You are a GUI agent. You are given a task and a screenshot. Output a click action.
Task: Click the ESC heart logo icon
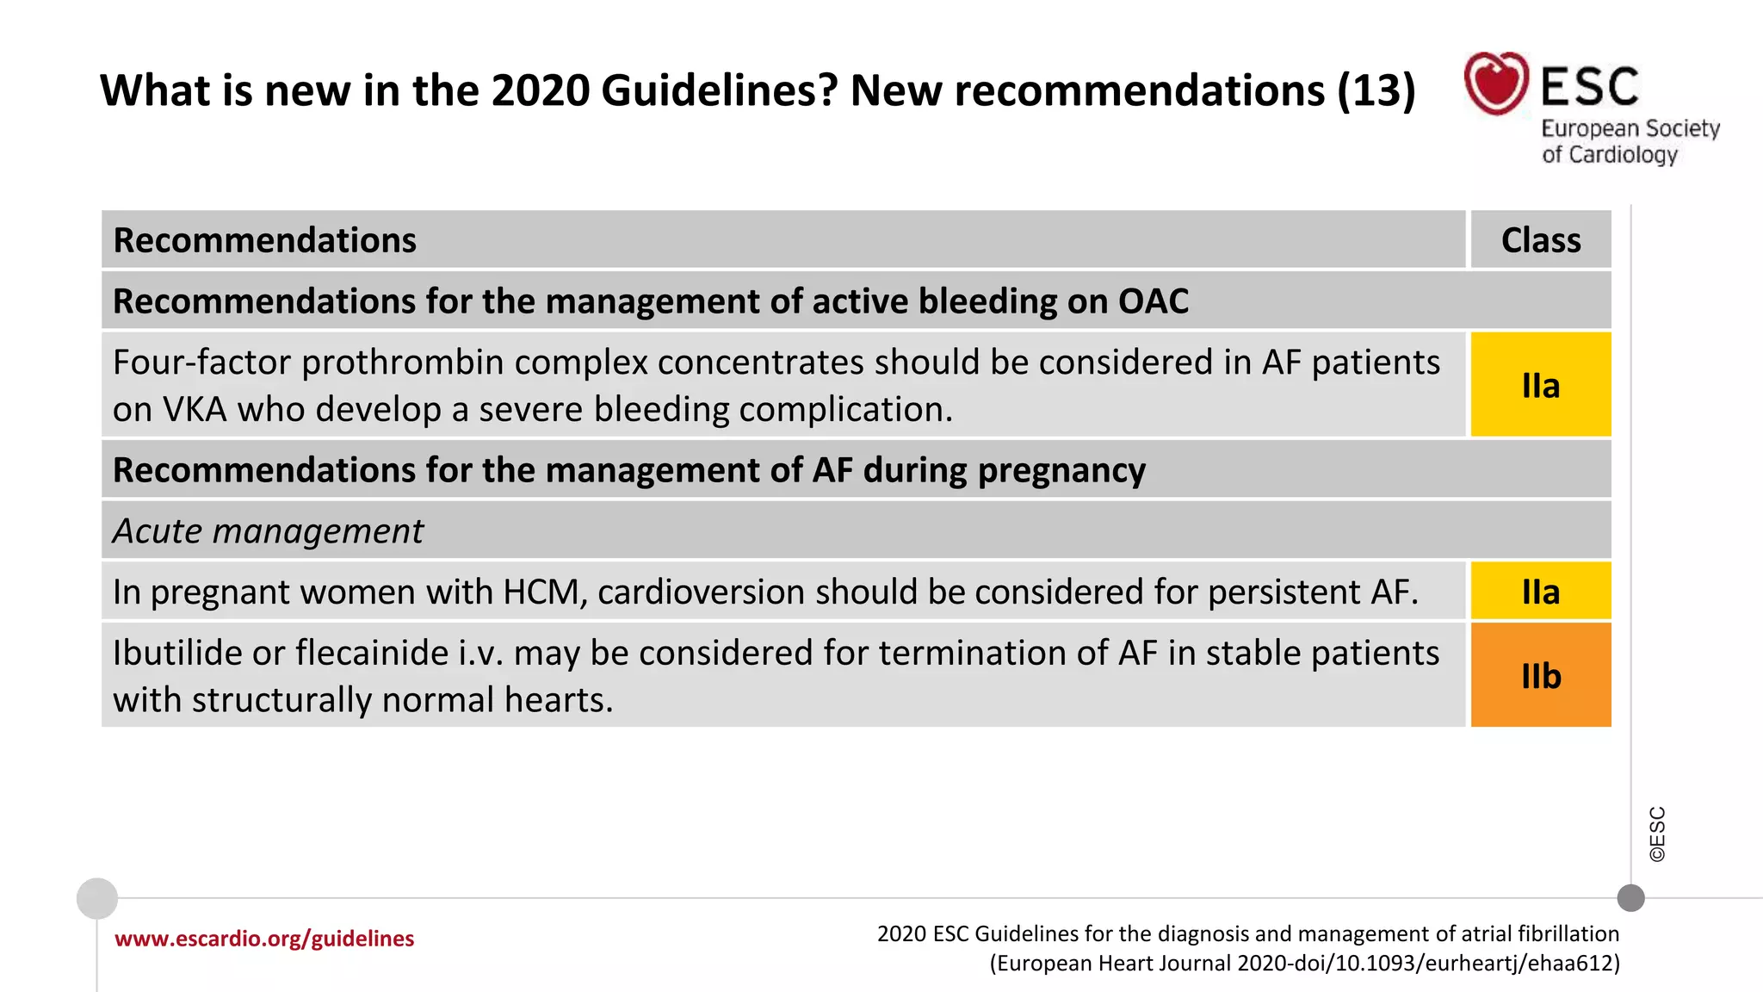(x=1496, y=84)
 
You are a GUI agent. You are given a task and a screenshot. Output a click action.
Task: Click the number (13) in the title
(x=1376, y=90)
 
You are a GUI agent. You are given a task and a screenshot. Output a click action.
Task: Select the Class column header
(x=1540, y=240)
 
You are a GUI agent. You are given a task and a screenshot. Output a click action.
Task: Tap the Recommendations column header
(x=265, y=240)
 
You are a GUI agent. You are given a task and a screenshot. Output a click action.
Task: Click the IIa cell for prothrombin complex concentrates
(x=1540, y=385)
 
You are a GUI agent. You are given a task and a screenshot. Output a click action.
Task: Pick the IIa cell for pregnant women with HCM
(x=1540, y=592)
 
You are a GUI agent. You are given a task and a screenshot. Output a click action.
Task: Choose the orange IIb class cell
(x=1540, y=676)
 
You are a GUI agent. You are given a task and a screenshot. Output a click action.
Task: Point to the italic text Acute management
(x=268, y=531)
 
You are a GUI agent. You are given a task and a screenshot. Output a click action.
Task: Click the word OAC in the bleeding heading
(x=1153, y=301)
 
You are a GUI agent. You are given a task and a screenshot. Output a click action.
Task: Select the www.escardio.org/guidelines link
(x=264, y=939)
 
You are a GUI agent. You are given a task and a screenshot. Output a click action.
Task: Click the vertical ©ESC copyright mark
(x=1657, y=834)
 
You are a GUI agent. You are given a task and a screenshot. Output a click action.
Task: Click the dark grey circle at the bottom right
(x=1630, y=898)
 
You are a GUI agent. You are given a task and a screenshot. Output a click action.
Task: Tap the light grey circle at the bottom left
(x=97, y=898)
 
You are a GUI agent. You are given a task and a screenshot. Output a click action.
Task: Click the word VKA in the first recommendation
(x=195, y=410)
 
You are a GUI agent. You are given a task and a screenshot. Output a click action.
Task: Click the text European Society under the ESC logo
(x=1630, y=129)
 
